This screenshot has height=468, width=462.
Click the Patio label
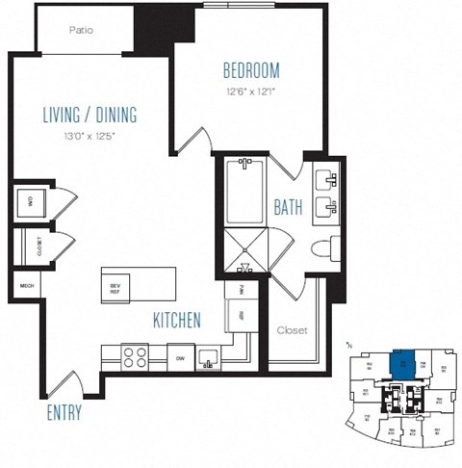click(x=82, y=30)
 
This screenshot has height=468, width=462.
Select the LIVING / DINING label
click(x=90, y=116)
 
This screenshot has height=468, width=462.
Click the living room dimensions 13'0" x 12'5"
click(x=90, y=136)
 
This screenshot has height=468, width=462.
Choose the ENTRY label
click(x=63, y=413)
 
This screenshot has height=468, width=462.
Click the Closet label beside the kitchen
click(x=292, y=330)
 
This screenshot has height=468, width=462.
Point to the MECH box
click(x=23, y=285)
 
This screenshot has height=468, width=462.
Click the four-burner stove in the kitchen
click(x=135, y=356)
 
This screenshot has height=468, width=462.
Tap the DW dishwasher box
click(x=180, y=356)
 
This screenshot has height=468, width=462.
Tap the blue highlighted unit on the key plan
click(x=400, y=365)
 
